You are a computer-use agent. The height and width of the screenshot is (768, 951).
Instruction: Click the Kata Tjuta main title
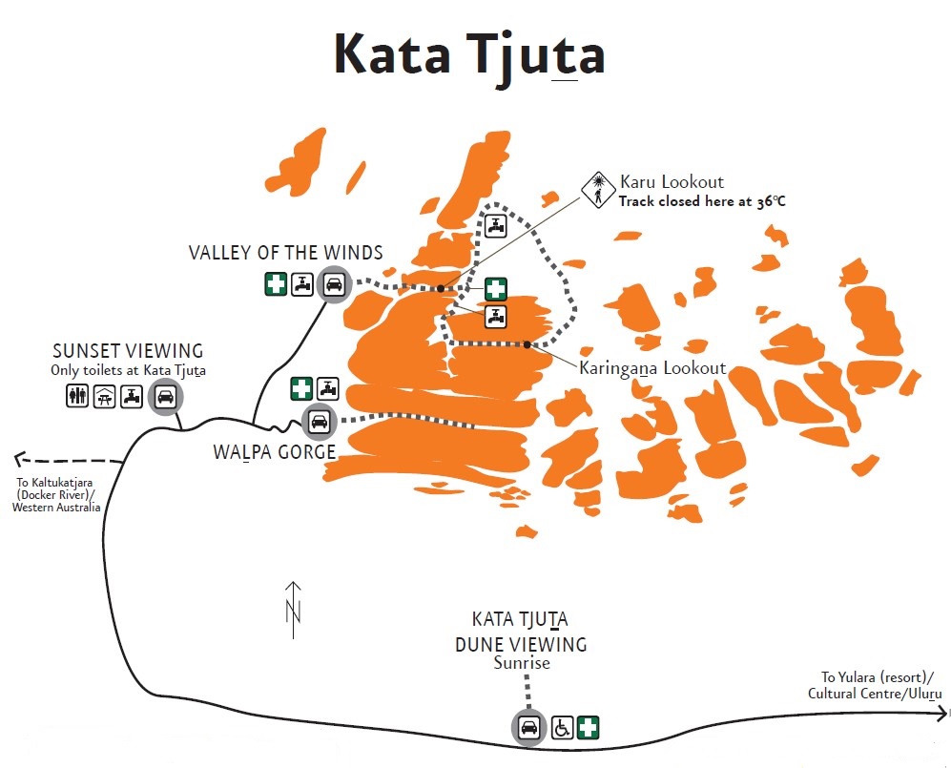pyautogui.click(x=469, y=55)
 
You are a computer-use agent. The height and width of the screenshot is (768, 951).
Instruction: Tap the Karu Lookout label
pyautogui.click(x=672, y=181)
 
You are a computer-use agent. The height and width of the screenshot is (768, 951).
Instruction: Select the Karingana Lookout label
pyautogui.click(x=652, y=367)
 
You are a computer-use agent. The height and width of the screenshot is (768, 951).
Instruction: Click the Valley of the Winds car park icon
pyautogui.click(x=334, y=283)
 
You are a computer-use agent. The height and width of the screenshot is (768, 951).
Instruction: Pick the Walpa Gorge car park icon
pyautogui.click(x=317, y=421)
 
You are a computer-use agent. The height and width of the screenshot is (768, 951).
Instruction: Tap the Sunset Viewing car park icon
pyautogui.click(x=165, y=397)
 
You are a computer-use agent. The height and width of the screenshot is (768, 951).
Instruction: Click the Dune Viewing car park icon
pyautogui.click(x=527, y=728)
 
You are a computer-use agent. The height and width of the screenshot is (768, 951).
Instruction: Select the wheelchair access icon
pyautogui.click(x=562, y=728)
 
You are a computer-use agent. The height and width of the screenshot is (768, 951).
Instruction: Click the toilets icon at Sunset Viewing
pyautogui.click(x=77, y=396)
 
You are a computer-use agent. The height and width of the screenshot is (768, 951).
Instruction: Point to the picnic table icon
pyautogui.click(x=105, y=396)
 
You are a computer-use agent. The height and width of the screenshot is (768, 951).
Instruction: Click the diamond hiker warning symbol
pyautogui.click(x=598, y=190)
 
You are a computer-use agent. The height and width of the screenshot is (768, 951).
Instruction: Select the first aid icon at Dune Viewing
pyautogui.click(x=589, y=728)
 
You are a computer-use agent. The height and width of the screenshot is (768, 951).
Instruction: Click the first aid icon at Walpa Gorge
pyautogui.click(x=301, y=388)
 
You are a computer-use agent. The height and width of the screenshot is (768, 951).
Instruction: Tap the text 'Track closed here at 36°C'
pyautogui.click(x=702, y=201)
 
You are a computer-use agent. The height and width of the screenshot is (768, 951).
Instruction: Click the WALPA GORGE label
pyautogui.click(x=275, y=450)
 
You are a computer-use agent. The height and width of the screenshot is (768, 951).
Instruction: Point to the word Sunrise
pyautogui.click(x=522, y=663)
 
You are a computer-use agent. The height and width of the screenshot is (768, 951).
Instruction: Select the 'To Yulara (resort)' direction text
pyautogui.click(x=874, y=675)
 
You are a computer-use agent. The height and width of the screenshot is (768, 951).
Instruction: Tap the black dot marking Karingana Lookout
pyautogui.click(x=527, y=343)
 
